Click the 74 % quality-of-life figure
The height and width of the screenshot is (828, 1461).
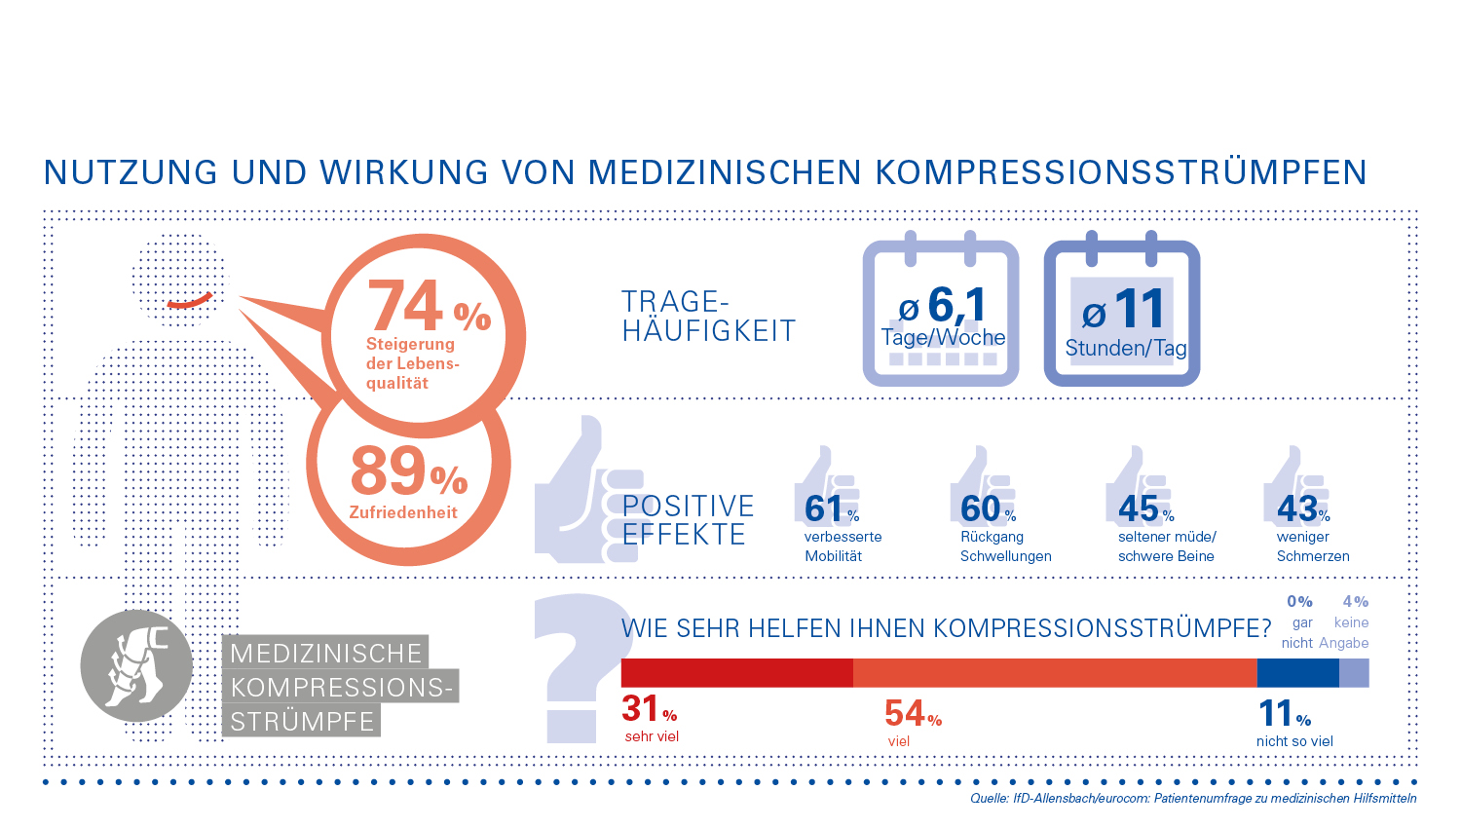tap(429, 308)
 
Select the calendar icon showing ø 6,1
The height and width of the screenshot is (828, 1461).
tap(941, 314)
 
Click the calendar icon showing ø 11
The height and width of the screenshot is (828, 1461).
tap(1122, 314)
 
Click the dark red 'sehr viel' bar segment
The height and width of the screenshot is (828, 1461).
tap(737, 673)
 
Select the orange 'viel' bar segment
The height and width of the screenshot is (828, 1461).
tap(1055, 673)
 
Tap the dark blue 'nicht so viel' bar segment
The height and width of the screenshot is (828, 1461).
tap(1298, 673)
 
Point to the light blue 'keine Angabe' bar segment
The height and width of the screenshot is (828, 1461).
tap(1354, 673)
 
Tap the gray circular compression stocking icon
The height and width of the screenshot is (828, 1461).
tap(136, 666)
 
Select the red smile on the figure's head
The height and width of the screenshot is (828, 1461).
tap(188, 302)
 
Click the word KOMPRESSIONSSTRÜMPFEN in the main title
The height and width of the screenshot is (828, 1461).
tap(1121, 172)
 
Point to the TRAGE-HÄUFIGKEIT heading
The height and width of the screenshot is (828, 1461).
tap(708, 317)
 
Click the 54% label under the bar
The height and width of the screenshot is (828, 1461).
tap(913, 714)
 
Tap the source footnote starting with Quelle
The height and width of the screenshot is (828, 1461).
tap(1193, 799)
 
